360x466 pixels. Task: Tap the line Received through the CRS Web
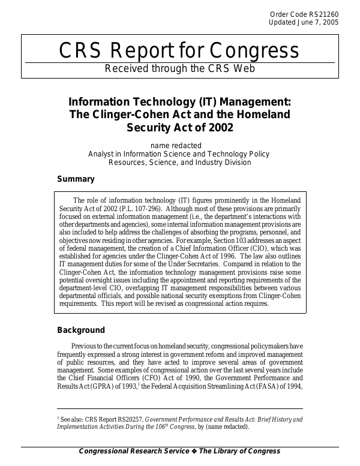[180, 68]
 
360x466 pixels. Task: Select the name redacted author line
[180, 145]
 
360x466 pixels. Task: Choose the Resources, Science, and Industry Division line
[180, 162]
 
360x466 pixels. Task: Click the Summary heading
[76, 179]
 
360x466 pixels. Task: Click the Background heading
[81, 330]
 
